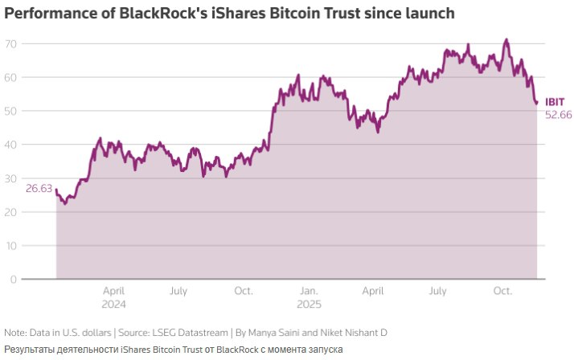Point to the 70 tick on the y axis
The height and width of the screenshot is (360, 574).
[12, 43]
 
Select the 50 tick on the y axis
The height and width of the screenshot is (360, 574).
[12, 111]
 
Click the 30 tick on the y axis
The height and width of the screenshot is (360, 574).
[12, 178]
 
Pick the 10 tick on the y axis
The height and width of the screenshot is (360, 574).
[12, 246]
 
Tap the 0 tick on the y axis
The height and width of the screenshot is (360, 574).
[14, 280]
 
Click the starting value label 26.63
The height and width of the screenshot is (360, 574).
[39, 188]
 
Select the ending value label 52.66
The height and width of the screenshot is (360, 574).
[558, 115]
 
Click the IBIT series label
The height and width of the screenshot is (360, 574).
[555, 102]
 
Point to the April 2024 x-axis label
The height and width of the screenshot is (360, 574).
[113, 297]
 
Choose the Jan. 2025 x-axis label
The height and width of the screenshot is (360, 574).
[309, 297]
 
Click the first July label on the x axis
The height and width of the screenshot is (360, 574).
[178, 291]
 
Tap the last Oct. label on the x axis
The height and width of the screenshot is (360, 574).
[503, 291]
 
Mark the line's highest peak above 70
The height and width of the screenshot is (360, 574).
[506, 39]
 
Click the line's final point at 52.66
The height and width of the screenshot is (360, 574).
[536, 103]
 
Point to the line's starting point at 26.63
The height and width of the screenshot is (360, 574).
[56, 190]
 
